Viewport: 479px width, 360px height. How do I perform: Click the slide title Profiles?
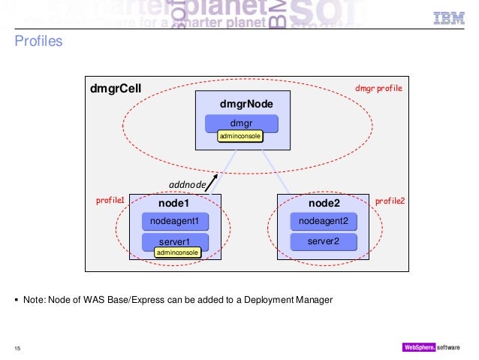pos(38,42)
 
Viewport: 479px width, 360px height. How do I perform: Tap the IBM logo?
pos(448,18)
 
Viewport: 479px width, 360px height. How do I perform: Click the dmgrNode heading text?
pos(241,103)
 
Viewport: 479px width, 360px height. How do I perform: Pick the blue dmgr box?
pos(241,122)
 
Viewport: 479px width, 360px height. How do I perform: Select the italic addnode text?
pos(187,185)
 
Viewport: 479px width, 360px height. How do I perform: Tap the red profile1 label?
pos(110,201)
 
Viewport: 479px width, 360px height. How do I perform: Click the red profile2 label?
pos(390,201)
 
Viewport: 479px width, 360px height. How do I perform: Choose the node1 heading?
pos(173,204)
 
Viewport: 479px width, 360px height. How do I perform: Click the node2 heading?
pos(324,204)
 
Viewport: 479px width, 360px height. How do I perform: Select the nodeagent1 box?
pos(173,221)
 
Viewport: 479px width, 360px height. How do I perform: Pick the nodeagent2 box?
pos(324,221)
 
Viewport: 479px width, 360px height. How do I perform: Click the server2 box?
pos(324,241)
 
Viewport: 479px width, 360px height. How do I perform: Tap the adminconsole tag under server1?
pos(177,253)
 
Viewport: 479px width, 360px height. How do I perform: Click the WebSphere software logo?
pos(434,346)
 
